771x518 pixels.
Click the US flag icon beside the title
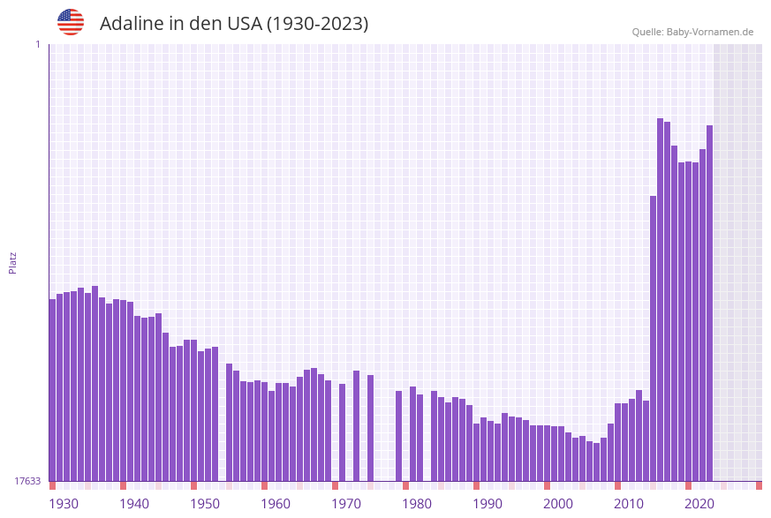(71, 22)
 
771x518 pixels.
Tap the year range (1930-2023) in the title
(317, 24)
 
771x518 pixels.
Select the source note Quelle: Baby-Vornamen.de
(692, 32)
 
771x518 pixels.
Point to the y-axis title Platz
(12, 262)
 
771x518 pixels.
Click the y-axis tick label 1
(37, 44)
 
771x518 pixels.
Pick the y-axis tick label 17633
(27, 481)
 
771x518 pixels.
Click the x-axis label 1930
(63, 504)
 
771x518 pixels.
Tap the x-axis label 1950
(205, 504)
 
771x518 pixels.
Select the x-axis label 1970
(346, 504)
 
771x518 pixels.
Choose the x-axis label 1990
(488, 504)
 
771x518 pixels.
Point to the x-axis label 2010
(629, 504)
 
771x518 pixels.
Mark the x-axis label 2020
(699, 504)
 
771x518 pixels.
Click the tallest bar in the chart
(660, 300)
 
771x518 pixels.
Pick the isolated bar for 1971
(342, 432)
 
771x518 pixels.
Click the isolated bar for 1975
(370, 428)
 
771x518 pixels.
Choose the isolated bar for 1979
(398, 436)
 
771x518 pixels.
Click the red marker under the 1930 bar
(52, 485)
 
